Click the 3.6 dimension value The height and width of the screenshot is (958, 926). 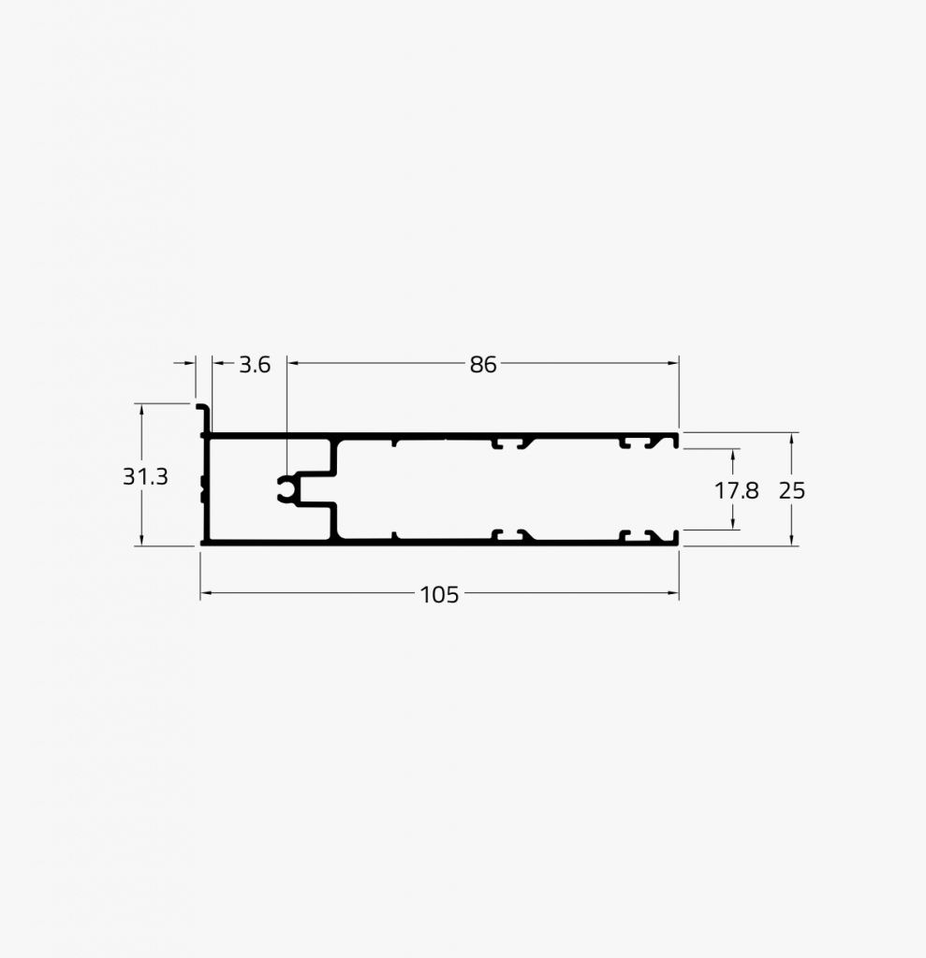255,365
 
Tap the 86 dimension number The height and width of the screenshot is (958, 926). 483,365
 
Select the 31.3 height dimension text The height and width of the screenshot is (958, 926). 145,476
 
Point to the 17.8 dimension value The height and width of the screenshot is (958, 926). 736,490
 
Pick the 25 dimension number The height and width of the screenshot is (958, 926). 792,490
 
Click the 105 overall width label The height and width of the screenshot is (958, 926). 439,594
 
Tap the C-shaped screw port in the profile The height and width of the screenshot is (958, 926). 287,488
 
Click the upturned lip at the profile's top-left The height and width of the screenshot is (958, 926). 205,418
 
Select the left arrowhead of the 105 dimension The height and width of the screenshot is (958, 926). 205,592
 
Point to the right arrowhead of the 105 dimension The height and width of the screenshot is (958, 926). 673,592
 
